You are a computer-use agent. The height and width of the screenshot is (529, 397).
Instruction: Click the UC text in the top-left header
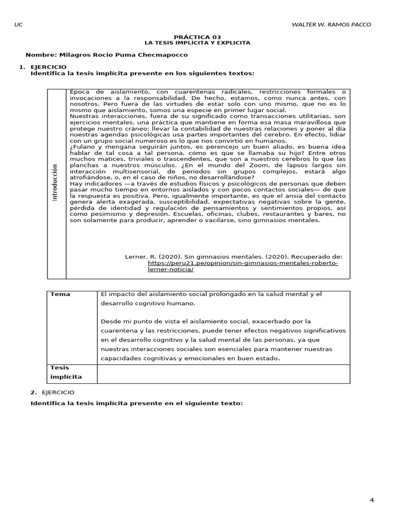pos(19,24)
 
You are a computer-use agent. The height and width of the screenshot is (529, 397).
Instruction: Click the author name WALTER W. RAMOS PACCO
pos(331,24)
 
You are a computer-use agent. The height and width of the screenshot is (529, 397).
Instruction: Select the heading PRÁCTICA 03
pos(198,37)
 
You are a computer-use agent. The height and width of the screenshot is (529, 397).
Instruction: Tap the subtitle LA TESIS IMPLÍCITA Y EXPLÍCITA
pos(198,43)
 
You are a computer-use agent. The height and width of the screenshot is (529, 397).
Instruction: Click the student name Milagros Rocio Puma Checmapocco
pos(106,55)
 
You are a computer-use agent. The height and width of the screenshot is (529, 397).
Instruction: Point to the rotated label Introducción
pos(55,183)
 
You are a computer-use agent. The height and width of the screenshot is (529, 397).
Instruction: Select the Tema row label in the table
pos(60,294)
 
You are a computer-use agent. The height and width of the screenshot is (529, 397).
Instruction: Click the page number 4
pos(372,500)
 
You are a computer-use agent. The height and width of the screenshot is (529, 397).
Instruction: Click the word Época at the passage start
pos(80,91)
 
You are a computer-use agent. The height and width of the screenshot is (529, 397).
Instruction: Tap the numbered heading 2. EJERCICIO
pos(52,393)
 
